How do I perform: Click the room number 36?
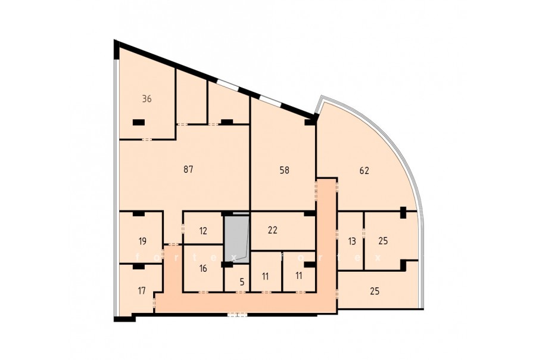pyautogui.click(x=147, y=99)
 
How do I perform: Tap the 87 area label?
pyautogui.click(x=188, y=169)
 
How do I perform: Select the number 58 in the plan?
pyautogui.click(x=285, y=170)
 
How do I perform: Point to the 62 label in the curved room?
pyautogui.click(x=364, y=170)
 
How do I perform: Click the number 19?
pyautogui.click(x=142, y=241)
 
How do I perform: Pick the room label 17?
pyautogui.click(x=142, y=291)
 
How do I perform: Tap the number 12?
pyautogui.click(x=203, y=231)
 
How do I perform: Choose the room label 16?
pyautogui.click(x=203, y=268)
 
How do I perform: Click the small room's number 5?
pyautogui.click(x=242, y=282)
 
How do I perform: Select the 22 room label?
pyautogui.click(x=272, y=230)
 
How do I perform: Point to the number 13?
pyautogui.click(x=352, y=241)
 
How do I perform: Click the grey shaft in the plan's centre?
pyautogui.click(x=236, y=238)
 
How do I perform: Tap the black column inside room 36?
pyautogui.click(x=138, y=122)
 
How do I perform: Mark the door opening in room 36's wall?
pyautogui.click(x=147, y=139)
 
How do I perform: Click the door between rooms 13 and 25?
pyautogui.click(x=364, y=232)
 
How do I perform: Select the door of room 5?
pyautogui.click(x=241, y=292)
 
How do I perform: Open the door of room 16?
pyautogui.click(x=204, y=292)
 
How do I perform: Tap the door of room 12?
pyautogui.click(x=183, y=228)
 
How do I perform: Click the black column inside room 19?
pyautogui.click(x=139, y=214)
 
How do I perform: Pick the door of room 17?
pyautogui.click(x=154, y=303)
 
